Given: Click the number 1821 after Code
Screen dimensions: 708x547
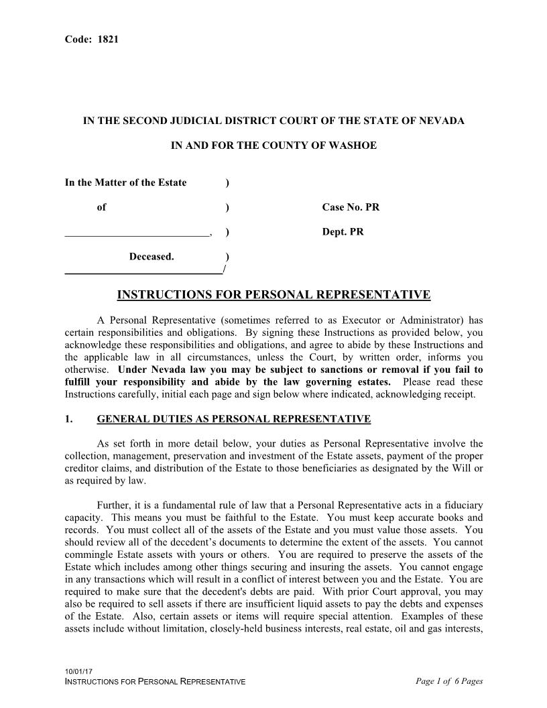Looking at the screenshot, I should coord(109,39).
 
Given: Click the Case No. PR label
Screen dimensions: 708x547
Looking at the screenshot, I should coord(351,207).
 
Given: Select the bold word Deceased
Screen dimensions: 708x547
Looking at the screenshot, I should coord(151,257).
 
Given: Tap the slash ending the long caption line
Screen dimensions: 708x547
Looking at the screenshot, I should coord(223,270).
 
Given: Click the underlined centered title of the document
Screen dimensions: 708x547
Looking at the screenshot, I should coord(273,295).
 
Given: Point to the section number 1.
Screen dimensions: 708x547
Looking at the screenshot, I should coord(68,420).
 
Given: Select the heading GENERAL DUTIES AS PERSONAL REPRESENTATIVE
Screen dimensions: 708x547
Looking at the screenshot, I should coord(233,420).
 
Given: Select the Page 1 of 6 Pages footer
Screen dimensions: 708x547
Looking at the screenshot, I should coord(449,682).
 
